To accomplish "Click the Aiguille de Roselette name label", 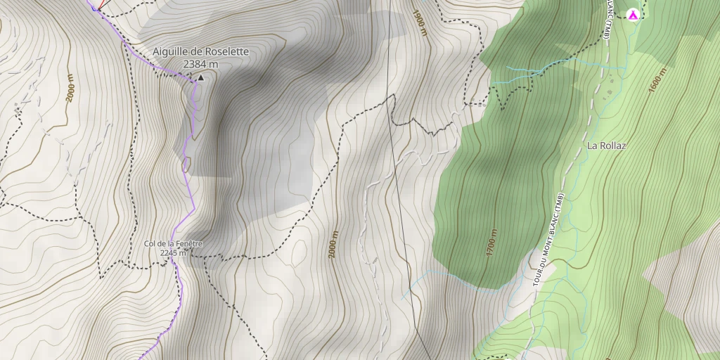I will pos(200,51).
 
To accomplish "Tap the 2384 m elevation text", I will pos(200,64).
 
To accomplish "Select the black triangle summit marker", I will pos(200,77).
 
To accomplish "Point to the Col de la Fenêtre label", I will pos(173,244).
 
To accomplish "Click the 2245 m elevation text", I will pos(173,253).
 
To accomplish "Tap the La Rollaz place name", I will pos(606,146).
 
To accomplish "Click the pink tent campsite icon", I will pos(633,14).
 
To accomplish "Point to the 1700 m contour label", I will pos(492,243).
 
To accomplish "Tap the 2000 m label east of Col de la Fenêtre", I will pos(335,245).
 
